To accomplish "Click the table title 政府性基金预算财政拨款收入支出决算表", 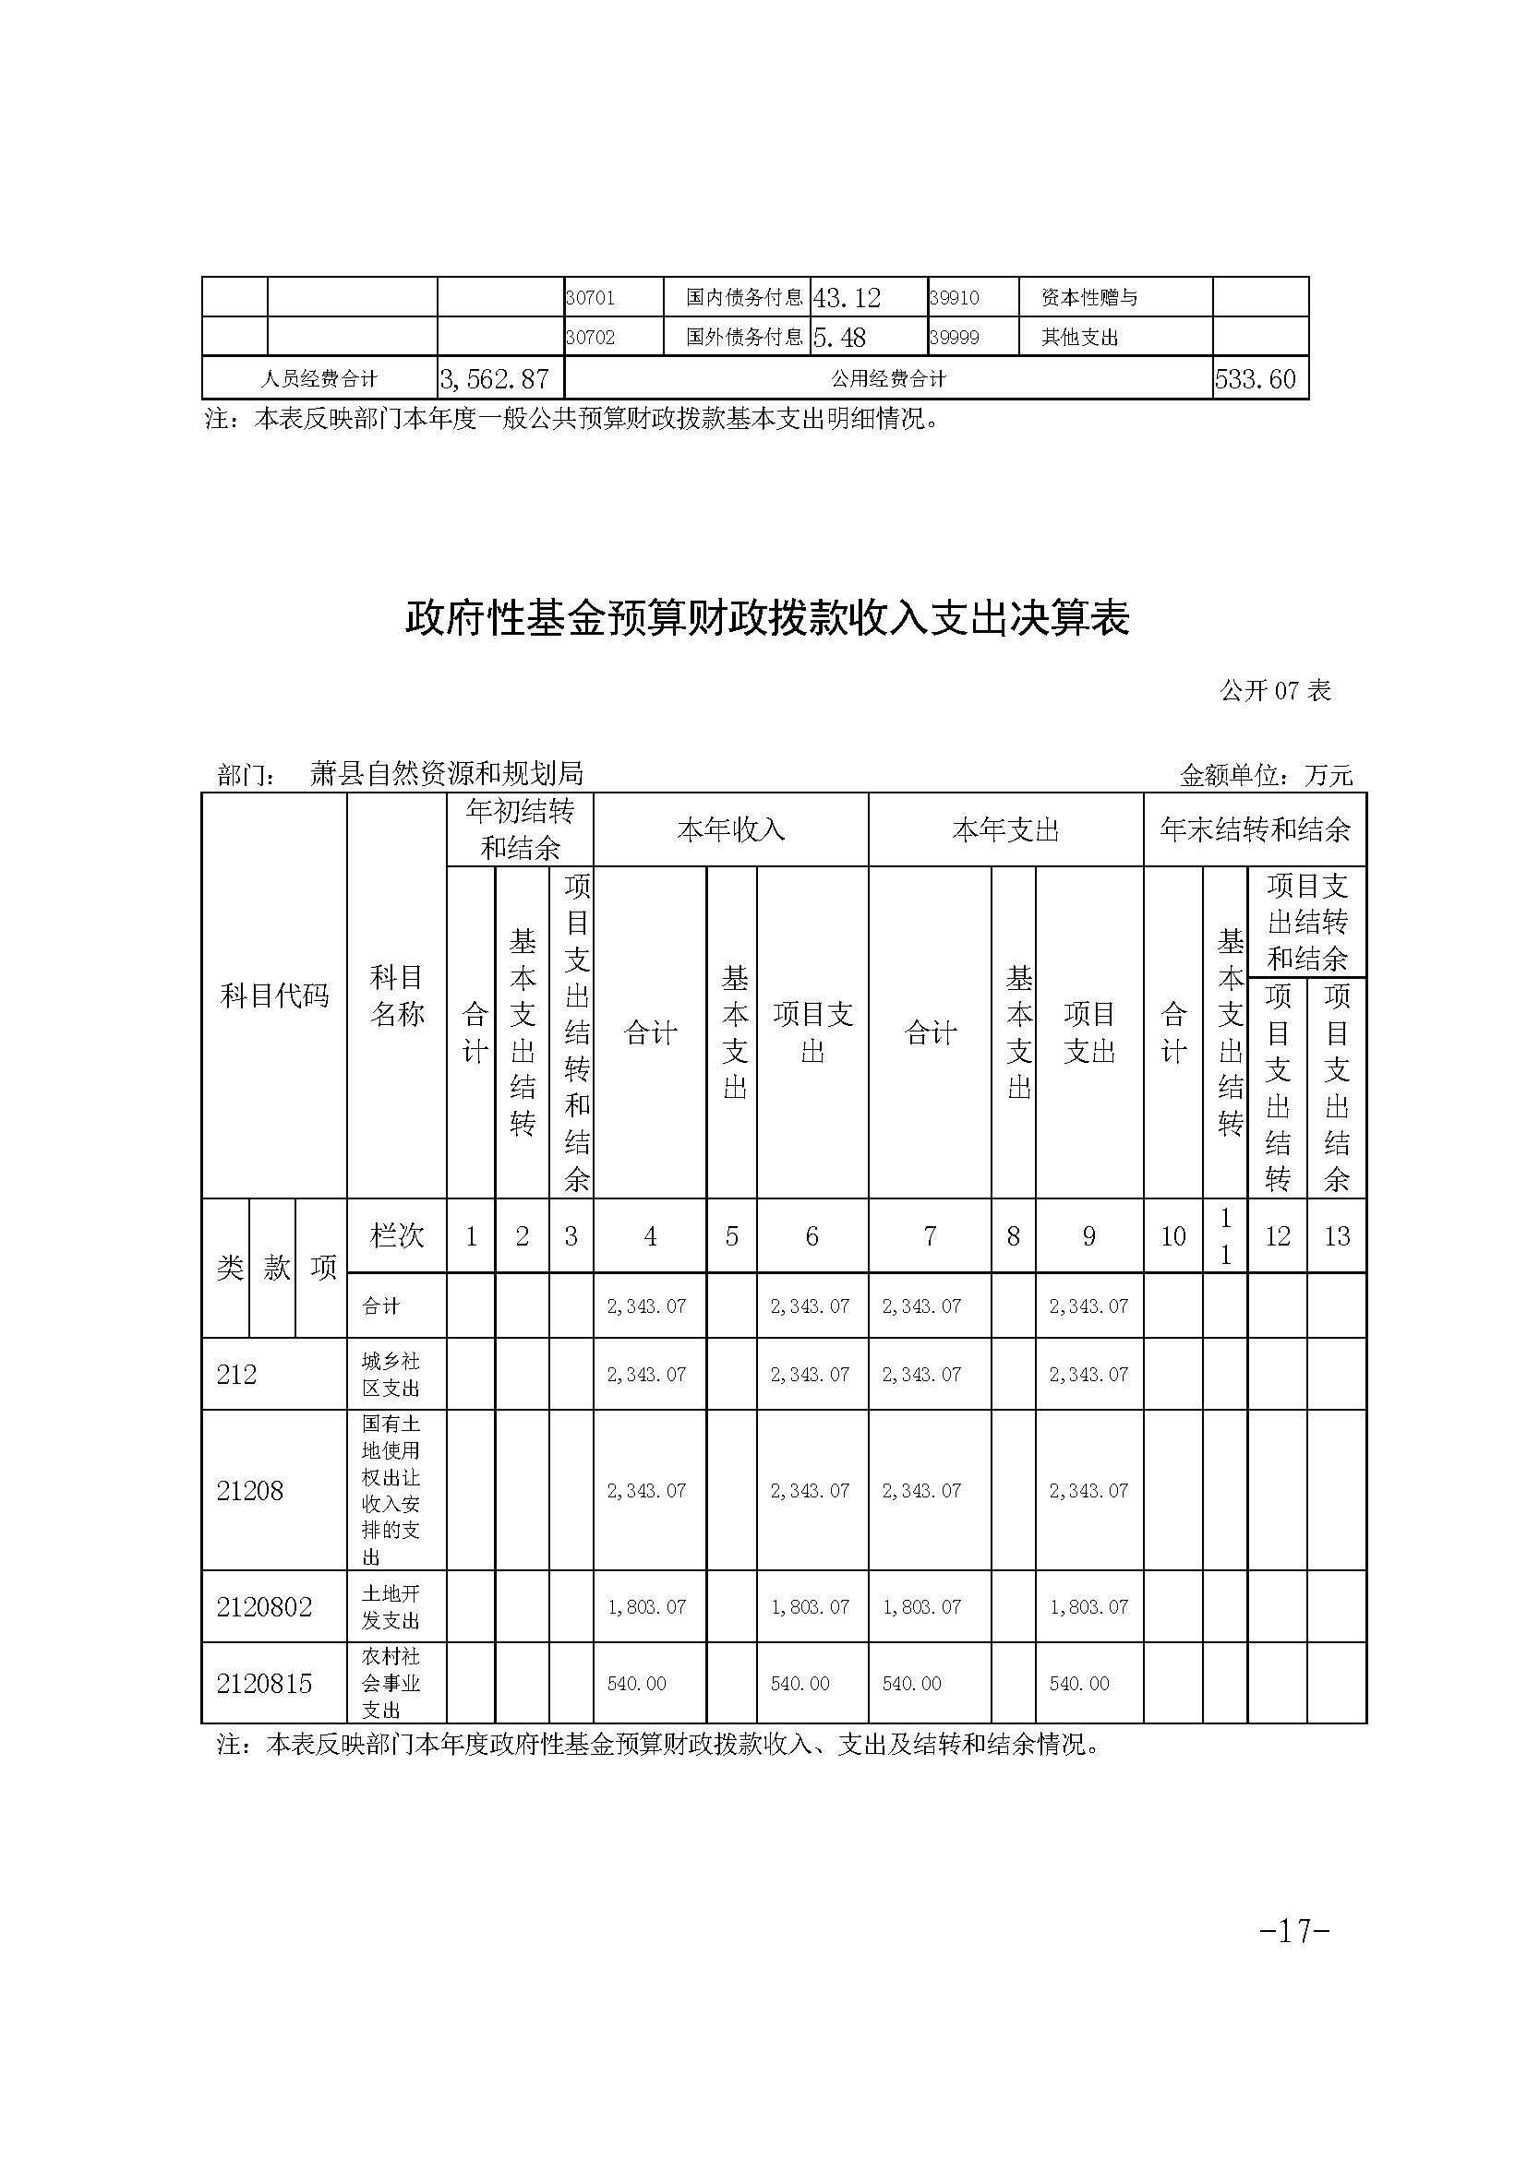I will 766,619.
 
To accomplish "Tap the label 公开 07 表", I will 1275,691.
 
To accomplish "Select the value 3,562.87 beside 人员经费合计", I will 495,379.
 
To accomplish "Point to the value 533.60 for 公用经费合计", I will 1256,379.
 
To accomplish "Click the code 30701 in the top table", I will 591,298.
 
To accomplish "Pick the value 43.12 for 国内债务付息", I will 847,298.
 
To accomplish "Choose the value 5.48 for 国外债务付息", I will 838,338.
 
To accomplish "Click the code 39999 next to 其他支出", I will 955,338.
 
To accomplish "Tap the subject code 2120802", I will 264,1607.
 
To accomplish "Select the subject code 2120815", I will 264,1684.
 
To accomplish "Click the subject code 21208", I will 250,1491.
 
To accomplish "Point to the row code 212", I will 237,1374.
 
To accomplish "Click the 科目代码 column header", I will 274,996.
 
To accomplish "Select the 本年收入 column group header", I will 730,830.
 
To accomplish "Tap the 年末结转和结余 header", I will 1255,830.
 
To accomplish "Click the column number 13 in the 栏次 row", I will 1336,1236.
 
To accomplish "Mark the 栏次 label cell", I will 397,1236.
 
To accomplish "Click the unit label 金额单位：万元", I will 1266,775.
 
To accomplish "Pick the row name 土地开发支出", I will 391,1607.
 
